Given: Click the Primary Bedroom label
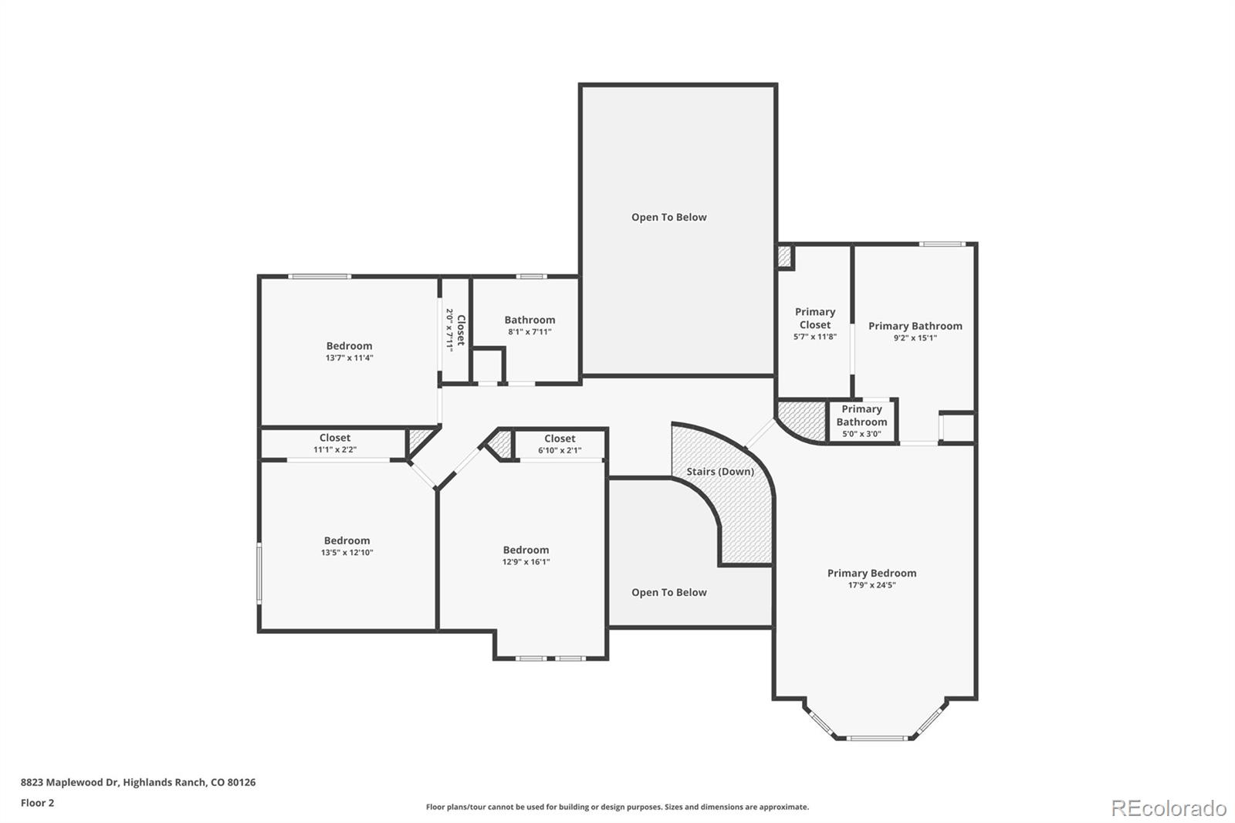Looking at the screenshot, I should pos(871,573).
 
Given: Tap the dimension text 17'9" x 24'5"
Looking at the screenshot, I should pos(871,585).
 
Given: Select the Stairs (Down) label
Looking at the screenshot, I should pos(720,471).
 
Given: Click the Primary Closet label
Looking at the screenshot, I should pos(815,318).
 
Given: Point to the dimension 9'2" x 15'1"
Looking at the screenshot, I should pos(915,338).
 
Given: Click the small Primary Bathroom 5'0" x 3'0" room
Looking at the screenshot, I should pos(861,421).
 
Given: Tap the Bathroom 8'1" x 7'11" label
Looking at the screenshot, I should pos(530,320).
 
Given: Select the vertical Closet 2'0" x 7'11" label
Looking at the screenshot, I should pos(455,330).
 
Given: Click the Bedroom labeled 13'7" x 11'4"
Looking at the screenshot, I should pos(349,346).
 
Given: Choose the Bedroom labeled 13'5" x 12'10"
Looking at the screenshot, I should pos(347,540).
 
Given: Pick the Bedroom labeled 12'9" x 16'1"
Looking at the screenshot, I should pos(526,550).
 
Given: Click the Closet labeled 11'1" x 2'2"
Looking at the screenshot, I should pos(334,438).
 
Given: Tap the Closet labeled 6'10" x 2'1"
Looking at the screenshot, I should pos(560,439).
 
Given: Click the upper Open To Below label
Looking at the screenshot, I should pos(668,217).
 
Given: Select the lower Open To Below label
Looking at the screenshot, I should pos(668,592).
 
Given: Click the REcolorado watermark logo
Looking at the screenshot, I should pos(1168,808).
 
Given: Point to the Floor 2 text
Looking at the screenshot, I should pos(37,803).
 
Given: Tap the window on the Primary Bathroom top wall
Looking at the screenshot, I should pos(942,244).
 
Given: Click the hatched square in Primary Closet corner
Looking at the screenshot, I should pos(784,256).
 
